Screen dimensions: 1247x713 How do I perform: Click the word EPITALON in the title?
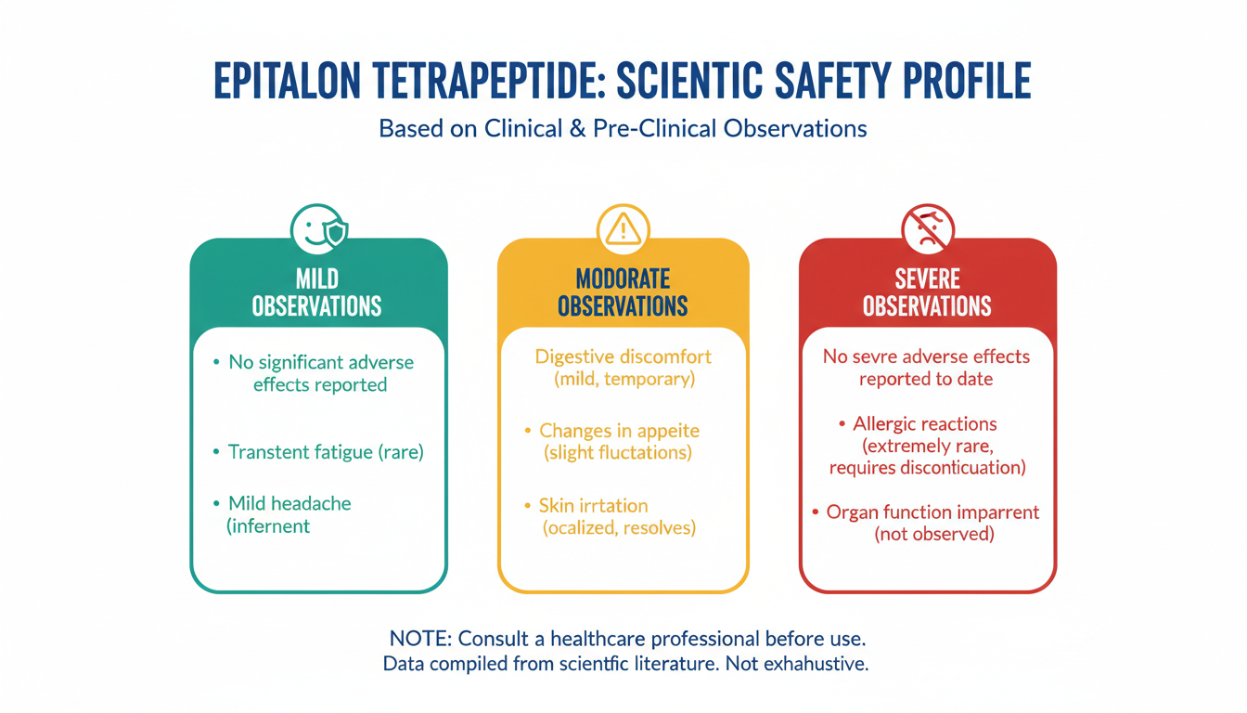point(288,82)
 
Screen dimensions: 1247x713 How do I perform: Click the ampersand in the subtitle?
point(577,129)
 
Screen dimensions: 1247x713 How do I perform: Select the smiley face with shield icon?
point(319,230)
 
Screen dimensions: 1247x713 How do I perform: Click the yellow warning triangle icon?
point(623,230)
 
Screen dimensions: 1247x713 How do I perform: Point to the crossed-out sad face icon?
point(928,230)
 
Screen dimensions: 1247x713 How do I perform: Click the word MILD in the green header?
point(316,279)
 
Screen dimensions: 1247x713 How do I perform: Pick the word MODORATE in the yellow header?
point(623,279)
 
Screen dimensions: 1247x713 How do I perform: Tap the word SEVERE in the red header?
point(928,279)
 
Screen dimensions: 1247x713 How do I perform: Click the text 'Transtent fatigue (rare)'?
point(326,452)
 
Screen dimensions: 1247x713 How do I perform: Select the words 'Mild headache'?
point(289,503)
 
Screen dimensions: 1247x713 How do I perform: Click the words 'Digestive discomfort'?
point(623,357)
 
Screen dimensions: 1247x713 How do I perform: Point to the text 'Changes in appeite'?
point(619,431)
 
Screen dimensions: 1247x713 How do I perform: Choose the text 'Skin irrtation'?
point(594,506)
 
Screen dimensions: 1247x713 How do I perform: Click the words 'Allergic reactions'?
point(925,424)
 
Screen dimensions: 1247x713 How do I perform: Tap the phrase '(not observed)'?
point(934,534)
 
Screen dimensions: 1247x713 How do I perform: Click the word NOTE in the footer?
point(420,639)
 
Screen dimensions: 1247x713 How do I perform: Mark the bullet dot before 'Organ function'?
point(815,512)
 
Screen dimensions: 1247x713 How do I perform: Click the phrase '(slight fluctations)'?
point(618,452)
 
